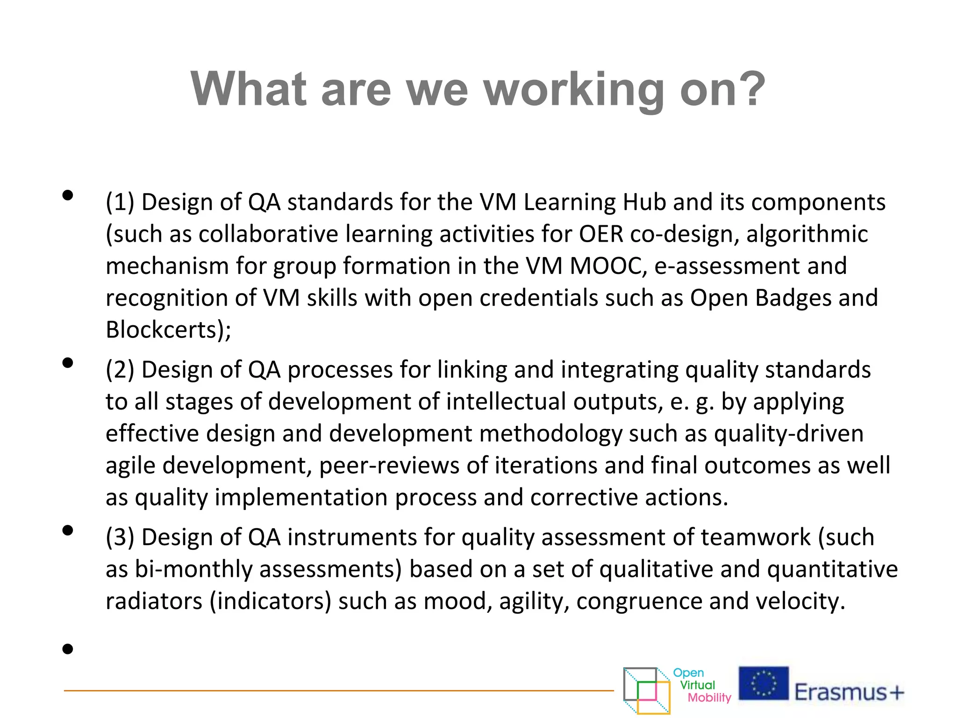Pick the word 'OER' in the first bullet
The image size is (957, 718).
(601, 234)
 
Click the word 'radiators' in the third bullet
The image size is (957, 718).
(154, 601)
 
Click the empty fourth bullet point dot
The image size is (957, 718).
(68, 649)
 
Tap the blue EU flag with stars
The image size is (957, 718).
(763, 683)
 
